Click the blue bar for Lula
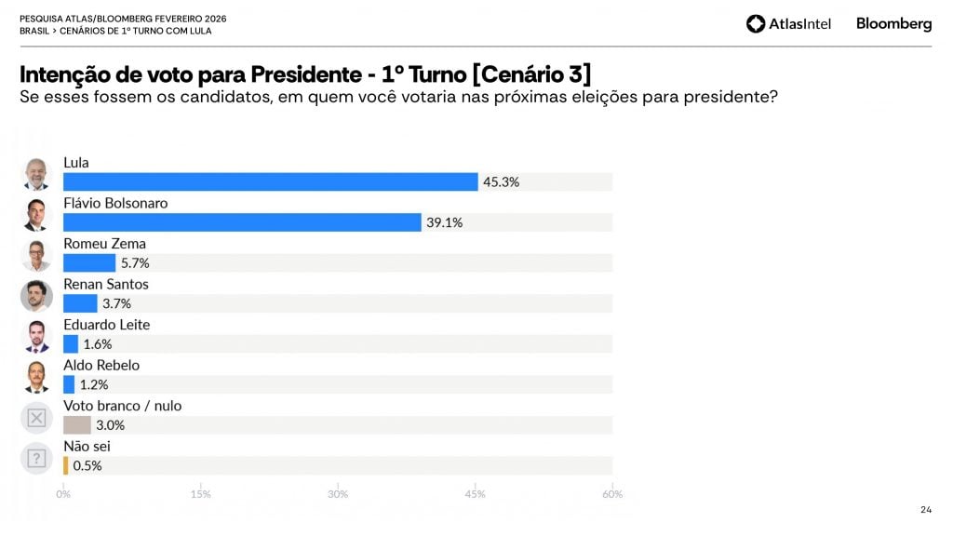pyautogui.click(x=270, y=181)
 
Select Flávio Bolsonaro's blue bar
pyautogui.click(x=242, y=222)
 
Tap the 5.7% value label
pyautogui.click(x=135, y=263)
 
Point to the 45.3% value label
pyautogui.click(x=501, y=181)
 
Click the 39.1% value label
pyautogui.click(x=444, y=222)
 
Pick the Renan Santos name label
pyautogui.click(x=105, y=284)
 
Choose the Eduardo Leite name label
pyautogui.click(x=106, y=325)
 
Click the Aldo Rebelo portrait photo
pyautogui.click(x=36, y=376)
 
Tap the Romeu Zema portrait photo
pyautogui.click(x=36, y=254)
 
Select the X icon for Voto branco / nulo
pyautogui.click(x=36, y=418)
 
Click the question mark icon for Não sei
pyautogui.click(x=36, y=458)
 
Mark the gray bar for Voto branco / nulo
pyautogui.click(x=76, y=425)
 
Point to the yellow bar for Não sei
pyautogui.click(x=65, y=465)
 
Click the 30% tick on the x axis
pyautogui.click(x=338, y=493)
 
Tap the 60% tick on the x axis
pyautogui.click(x=611, y=493)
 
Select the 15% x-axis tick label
pyautogui.click(x=200, y=493)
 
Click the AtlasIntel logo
pyautogui.click(x=788, y=24)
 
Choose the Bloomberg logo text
pyautogui.click(x=893, y=24)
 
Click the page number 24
pyautogui.click(x=925, y=509)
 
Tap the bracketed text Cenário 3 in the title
pyautogui.click(x=531, y=74)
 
